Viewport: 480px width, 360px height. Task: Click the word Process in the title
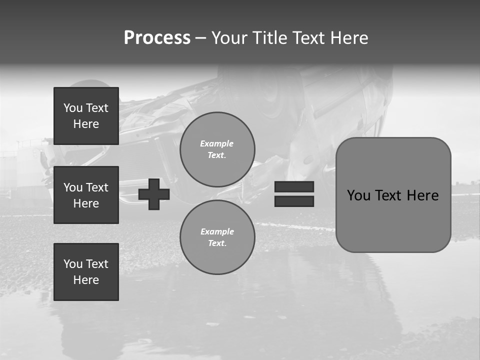[x=157, y=38]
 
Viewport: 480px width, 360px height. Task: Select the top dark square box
[x=86, y=116]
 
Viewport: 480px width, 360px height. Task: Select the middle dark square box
[x=86, y=195]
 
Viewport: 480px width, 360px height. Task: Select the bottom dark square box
[x=86, y=272]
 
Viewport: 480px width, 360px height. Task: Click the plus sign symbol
[x=154, y=194]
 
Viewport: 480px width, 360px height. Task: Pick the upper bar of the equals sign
[x=294, y=187]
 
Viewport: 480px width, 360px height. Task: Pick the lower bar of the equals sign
[x=294, y=201]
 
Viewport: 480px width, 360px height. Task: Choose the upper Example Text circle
[x=217, y=149]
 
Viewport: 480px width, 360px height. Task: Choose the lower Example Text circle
[x=217, y=237]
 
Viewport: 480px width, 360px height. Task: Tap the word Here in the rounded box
[x=422, y=195]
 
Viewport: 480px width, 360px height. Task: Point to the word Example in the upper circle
[x=217, y=143]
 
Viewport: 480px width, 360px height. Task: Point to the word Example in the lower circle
[x=217, y=231]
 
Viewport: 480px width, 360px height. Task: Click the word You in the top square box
[x=73, y=108]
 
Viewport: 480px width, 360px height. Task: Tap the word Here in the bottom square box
[x=86, y=280]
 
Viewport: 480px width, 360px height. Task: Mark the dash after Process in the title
[x=200, y=38]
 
